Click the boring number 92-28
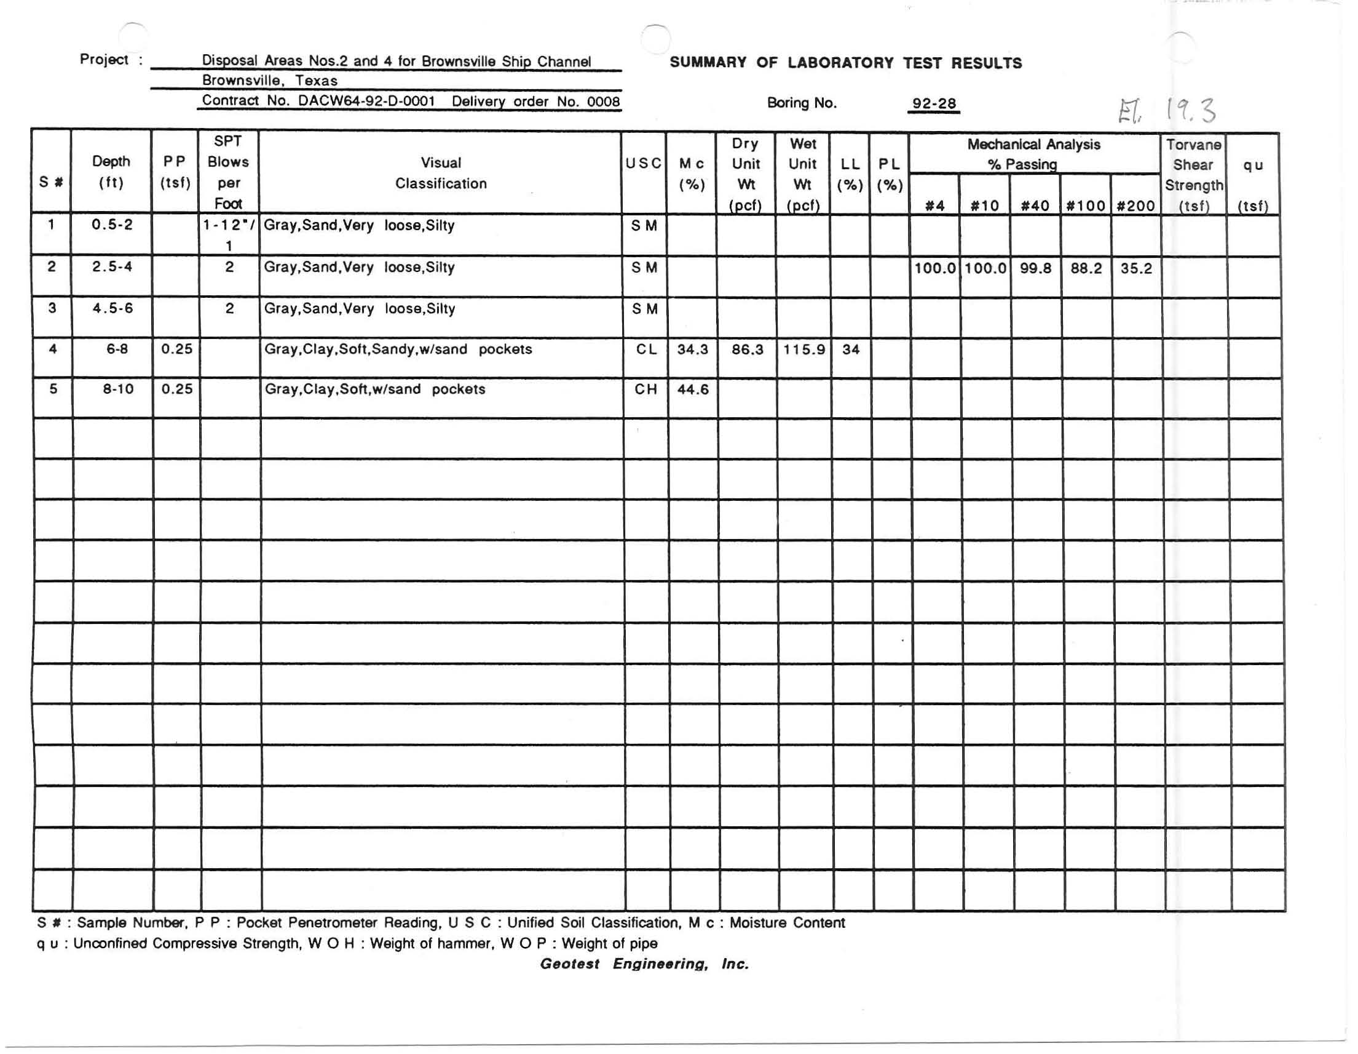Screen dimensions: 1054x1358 pos(933,104)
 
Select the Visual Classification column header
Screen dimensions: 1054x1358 pos(440,173)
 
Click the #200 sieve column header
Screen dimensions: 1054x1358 pos(1135,206)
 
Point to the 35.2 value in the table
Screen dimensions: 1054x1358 pos(1136,269)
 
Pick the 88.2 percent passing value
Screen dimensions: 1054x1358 pos(1086,269)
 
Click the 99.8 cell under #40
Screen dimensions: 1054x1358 pos(1035,269)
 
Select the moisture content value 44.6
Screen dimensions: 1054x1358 pos(693,389)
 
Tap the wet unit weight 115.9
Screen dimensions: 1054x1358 pos(803,349)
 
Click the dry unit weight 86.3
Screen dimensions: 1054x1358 pos(747,349)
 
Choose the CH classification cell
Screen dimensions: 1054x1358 pos(645,389)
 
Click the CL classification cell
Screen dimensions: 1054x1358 pos(645,349)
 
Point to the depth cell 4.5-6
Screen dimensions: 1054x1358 pos(113,309)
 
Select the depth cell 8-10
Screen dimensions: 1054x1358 pos(118,389)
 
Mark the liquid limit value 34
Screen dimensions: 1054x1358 pos(851,349)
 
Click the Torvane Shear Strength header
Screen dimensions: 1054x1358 pos(1193,175)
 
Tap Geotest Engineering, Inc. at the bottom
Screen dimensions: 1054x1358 pos(644,964)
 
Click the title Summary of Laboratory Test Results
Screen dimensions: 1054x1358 pos(846,63)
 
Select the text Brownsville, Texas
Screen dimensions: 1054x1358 pos(269,81)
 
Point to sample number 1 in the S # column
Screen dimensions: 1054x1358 pos(51,225)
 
